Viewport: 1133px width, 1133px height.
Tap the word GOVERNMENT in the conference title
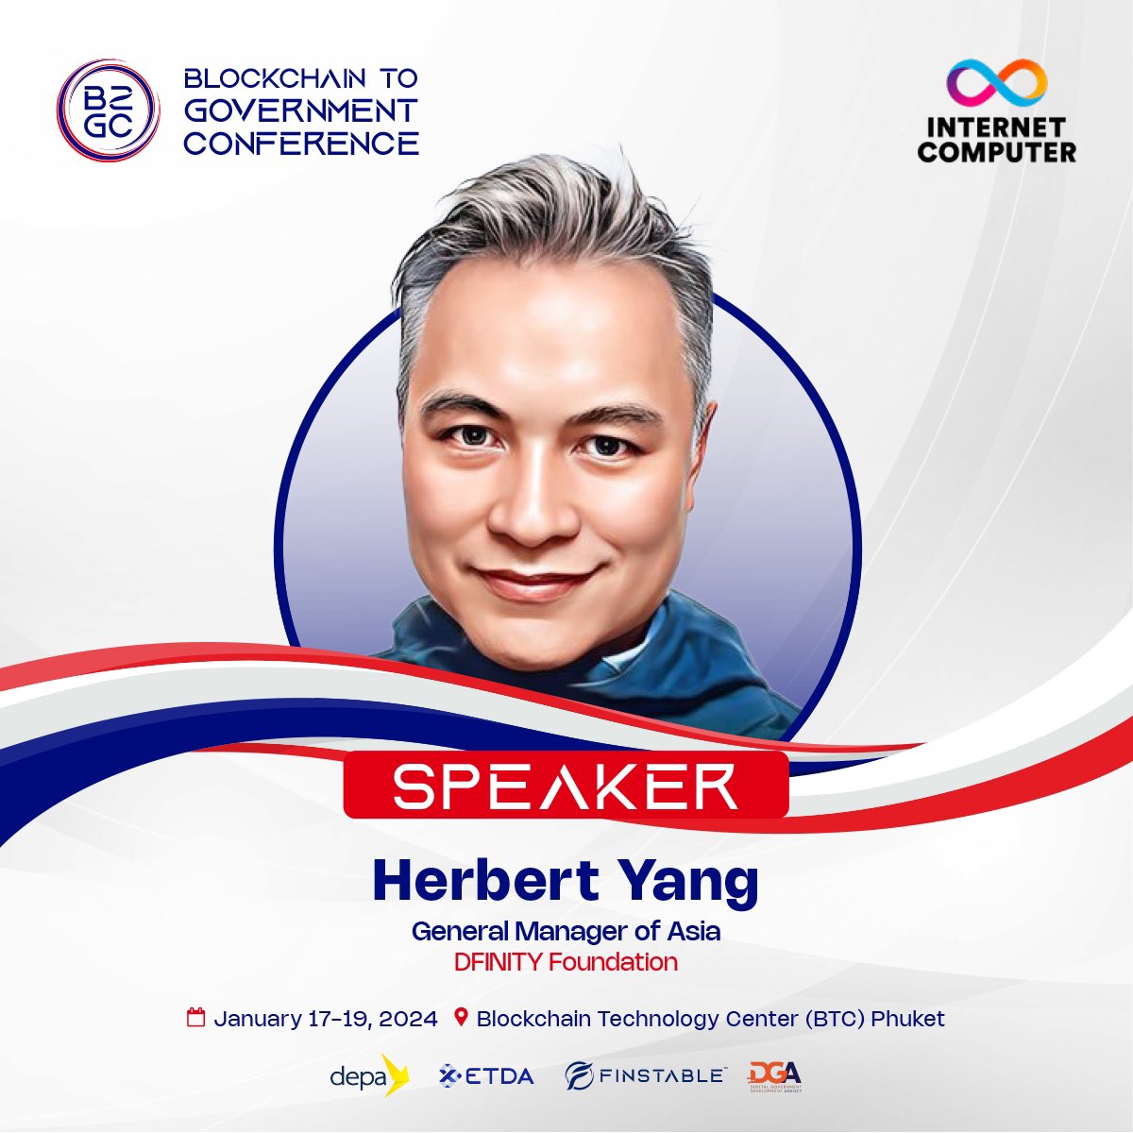[x=300, y=111]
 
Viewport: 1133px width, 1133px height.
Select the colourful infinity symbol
[x=997, y=83]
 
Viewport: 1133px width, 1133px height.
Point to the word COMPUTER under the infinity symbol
[x=996, y=151]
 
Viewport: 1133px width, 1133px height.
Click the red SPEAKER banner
[x=565, y=785]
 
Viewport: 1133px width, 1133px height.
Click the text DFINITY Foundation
[x=566, y=962]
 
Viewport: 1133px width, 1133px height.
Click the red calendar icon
[x=196, y=1018]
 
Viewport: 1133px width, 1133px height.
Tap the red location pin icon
[x=462, y=1018]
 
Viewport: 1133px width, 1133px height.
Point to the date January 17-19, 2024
[x=326, y=1019]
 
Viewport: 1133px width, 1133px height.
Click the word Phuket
[x=907, y=1019]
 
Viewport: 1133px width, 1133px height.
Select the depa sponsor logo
[x=368, y=1075]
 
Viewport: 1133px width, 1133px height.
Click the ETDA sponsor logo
[x=486, y=1075]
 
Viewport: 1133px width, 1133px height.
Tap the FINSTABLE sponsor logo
[x=646, y=1075]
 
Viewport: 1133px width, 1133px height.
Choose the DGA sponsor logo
[x=774, y=1075]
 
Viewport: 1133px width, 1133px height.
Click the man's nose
[x=534, y=505]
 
